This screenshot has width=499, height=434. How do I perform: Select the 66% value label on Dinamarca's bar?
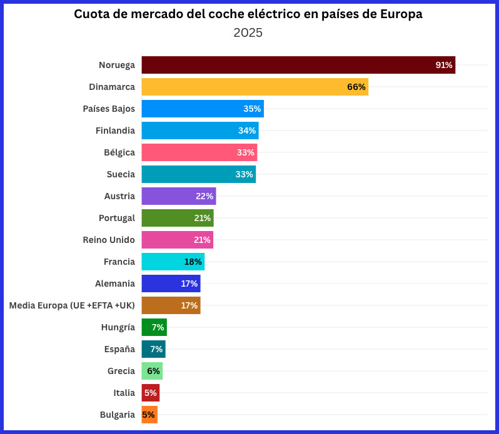coord(356,87)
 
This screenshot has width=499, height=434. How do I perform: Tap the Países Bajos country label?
coord(109,109)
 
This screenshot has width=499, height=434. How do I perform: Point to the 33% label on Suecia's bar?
coord(244,174)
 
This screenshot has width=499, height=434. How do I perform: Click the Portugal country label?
coord(117,218)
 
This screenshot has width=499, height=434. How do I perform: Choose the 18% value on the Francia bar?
coord(193,262)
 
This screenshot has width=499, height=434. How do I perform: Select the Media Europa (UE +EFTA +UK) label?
coord(72,305)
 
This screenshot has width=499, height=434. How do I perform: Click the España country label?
coord(119,349)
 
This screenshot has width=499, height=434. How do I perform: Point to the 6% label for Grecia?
coord(153,371)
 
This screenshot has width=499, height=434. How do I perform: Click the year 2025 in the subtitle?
coord(248,32)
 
